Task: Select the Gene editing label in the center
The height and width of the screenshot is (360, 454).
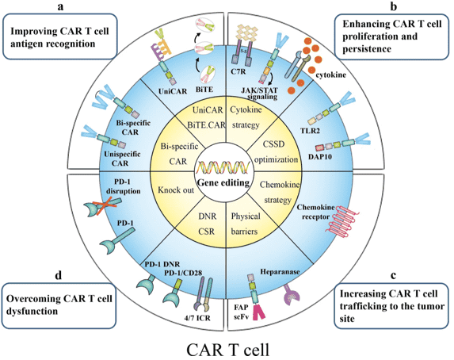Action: click(226, 185)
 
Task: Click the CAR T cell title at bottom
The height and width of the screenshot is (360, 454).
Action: click(226, 347)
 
